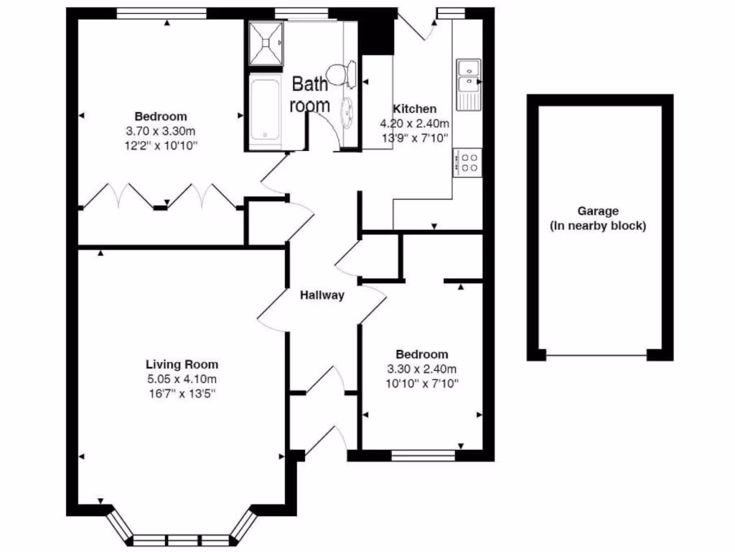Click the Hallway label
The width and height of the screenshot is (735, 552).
(x=322, y=295)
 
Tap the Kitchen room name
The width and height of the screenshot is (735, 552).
(x=414, y=109)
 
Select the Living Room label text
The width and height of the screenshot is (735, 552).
(x=182, y=364)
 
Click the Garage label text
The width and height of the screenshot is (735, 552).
(x=598, y=211)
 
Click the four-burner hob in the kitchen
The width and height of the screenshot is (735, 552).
(x=468, y=162)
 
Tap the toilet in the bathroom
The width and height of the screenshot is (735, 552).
(x=342, y=73)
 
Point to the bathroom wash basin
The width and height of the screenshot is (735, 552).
(x=348, y=111)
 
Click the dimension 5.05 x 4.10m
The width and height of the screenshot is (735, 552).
(x=182, y=379)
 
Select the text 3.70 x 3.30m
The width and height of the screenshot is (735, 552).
(x=161, y=131)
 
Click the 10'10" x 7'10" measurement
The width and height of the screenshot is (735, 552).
(x=422, y=382)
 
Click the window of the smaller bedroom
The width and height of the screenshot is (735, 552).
(x=423, y=454)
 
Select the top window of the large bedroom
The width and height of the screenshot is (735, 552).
(x=161, y=12)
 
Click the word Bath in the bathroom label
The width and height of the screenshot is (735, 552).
(x=309, y=84)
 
